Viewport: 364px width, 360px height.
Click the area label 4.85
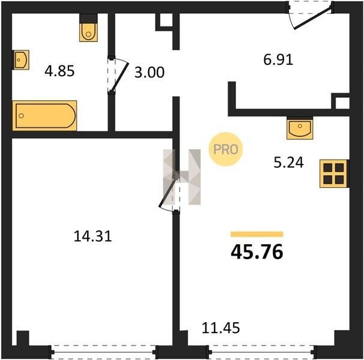(59, 71)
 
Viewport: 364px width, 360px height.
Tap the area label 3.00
(150, 72)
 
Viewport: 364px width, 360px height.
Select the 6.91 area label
(278, 59)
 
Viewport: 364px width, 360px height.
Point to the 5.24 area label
(288, 163)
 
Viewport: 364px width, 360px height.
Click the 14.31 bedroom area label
(93, 236)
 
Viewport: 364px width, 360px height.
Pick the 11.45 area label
(220, 328)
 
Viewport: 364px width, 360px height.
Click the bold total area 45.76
(257, 252)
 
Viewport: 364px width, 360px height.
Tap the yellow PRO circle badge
(226, 149)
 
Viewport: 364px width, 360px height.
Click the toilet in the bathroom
(88, 28)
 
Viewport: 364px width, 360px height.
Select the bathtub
(44, 116)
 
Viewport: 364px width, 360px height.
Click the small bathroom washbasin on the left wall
(20, 60)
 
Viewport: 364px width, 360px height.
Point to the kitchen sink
(300, 128)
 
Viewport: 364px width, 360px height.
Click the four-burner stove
(335, 173)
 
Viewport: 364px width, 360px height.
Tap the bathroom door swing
(118, 75)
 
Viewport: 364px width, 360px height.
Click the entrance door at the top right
(311, 16)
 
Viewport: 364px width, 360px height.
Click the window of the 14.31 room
(103, 352)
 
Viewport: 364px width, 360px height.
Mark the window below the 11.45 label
(261, 352)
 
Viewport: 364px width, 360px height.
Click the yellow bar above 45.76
(257, 234)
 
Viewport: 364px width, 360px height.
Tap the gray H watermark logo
(182, 177)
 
